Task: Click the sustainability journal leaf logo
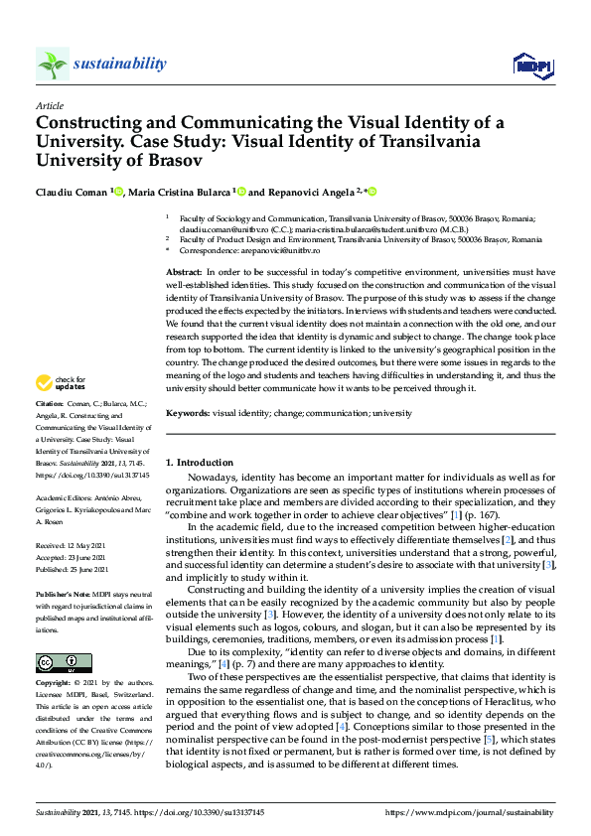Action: tap(53, 65)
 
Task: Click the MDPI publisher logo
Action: tap(532, 66)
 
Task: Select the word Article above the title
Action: tap(49, 104)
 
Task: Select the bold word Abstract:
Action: tap(184, 272)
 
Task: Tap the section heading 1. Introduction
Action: tap(200, 463)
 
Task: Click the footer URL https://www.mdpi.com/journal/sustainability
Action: tap(469, 812)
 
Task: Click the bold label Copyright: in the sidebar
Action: tap(54, 684)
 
